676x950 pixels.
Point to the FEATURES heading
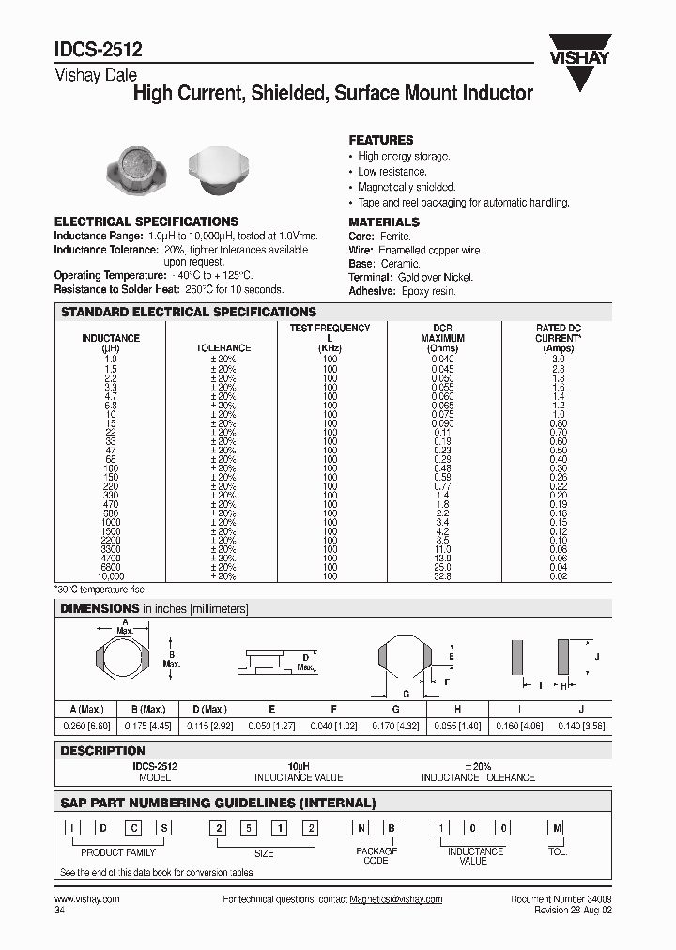381,139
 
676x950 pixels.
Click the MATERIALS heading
384,222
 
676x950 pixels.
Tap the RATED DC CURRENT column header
559,338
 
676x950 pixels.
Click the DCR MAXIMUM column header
442,338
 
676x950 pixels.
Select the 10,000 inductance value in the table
111,575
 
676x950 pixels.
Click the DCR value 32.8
442,575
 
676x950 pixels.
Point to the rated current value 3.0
559,360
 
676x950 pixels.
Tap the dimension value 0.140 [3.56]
581,726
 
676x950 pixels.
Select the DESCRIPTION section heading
103,751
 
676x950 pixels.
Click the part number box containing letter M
558,827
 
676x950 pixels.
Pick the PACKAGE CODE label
375,855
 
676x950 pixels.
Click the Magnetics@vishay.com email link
395,899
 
